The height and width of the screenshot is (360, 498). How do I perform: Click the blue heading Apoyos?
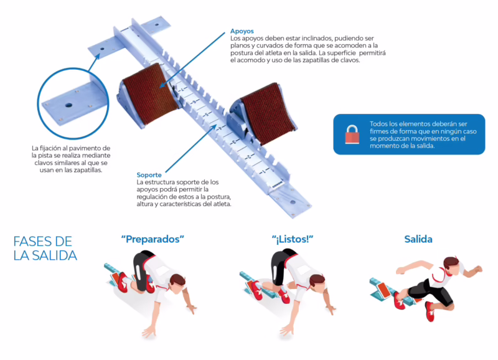point(242,31)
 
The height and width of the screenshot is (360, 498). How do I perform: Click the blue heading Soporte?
point(149,175)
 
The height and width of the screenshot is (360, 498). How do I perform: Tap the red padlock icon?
point(352,135)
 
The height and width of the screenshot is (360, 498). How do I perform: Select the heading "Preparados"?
point(153,239)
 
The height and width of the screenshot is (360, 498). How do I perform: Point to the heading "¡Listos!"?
point(293,239)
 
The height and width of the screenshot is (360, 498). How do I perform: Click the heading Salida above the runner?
point(418,239)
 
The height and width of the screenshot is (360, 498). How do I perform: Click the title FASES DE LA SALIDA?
point(45,249)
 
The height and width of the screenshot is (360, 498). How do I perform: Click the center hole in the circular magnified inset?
point(68,105)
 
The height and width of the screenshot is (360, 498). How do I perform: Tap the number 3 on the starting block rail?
point(234,143)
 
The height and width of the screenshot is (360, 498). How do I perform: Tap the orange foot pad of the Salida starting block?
point(383,290)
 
